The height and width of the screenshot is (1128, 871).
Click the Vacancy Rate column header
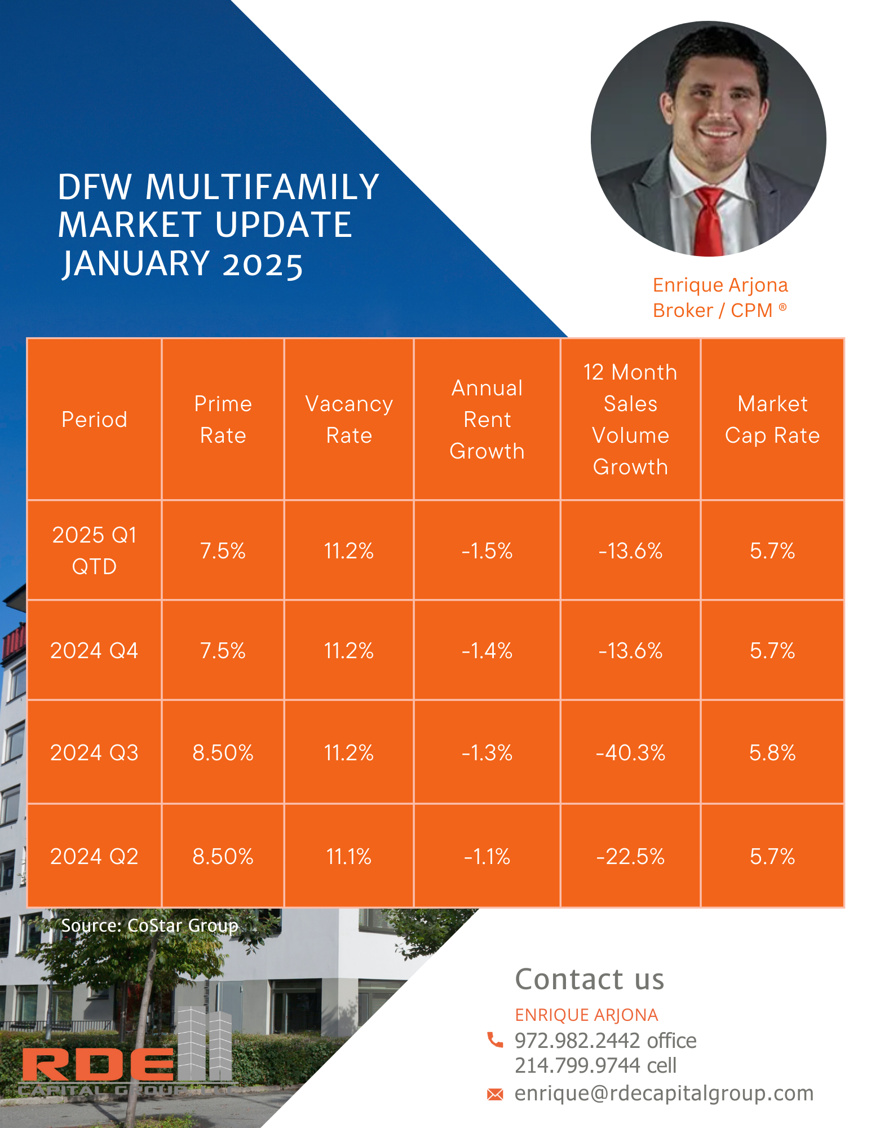point(349,420)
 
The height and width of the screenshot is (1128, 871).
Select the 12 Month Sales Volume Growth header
point(630,420)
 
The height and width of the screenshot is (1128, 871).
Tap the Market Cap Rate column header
point(772,420)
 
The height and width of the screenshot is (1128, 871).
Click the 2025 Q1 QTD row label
point(94,550)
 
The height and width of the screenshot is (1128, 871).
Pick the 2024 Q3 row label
point(94,752)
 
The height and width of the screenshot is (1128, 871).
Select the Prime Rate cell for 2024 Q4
point(223,651)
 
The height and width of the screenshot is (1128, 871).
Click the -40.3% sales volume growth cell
point(630,752)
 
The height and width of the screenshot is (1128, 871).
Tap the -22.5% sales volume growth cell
point(630,857)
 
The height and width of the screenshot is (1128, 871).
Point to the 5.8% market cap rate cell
point(772,752)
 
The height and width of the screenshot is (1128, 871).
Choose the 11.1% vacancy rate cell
point(349,857)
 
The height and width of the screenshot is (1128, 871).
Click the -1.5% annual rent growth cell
point(487,550)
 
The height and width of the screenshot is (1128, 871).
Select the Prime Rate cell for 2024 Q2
point(223,857)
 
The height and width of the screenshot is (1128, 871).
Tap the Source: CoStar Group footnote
point(150,926)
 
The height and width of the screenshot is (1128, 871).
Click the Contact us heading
point(590,979)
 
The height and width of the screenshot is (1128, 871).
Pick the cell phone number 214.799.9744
point(577,1065)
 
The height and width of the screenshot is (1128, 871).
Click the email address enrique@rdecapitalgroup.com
point(664,1094)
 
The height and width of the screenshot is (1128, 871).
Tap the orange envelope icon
point(495,1095)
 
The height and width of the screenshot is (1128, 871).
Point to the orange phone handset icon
point(495,1039)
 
